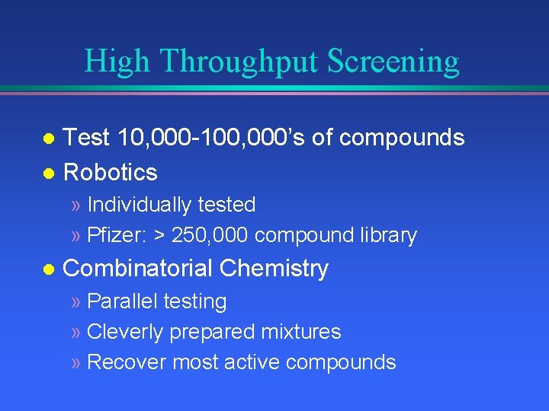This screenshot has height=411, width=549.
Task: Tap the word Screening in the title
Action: [x=393, y=62]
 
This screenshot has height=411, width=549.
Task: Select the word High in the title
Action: [x=117, y=62]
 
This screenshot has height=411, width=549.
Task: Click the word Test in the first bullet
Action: [x=85, y=138]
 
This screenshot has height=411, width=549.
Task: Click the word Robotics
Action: [x=111, y=173]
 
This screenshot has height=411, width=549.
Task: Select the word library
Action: [x=390, y=236]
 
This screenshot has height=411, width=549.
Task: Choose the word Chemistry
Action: [x=274, y=269]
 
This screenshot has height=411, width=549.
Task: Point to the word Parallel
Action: [x=122, y=302]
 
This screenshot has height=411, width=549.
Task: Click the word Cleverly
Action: [x=126, y=332]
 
